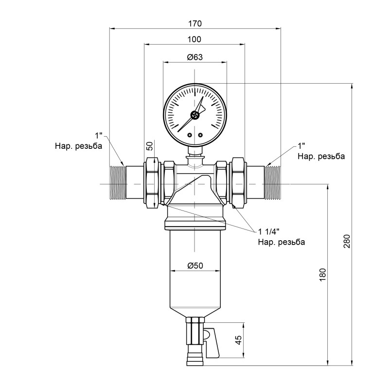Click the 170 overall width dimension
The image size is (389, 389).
195,23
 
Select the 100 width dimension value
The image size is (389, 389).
195,39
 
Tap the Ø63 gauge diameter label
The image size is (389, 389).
195,57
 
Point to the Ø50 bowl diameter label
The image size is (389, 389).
195,265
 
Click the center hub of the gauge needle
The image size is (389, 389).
195,115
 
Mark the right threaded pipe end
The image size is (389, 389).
273,184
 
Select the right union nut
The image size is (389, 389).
238,184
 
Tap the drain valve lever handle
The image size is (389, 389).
212,340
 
